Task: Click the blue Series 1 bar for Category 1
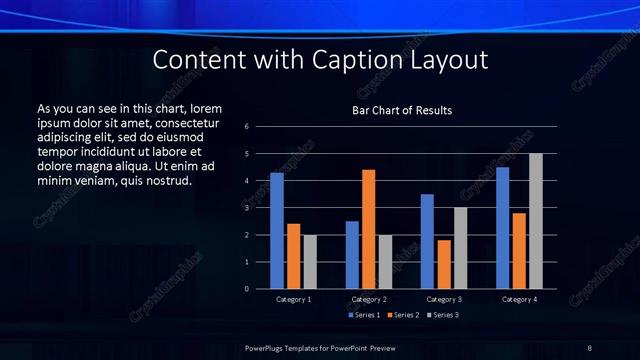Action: (277, 231)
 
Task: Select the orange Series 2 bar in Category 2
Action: (369, 229)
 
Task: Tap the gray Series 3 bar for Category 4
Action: (536, 221)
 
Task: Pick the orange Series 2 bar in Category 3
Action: (444, 264)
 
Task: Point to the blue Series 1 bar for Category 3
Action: (427, 241)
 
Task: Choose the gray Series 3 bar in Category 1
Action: (310, 262)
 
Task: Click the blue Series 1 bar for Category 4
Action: (502, 228)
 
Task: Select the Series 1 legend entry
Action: (366, 315)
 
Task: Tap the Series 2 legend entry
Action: (402, 315)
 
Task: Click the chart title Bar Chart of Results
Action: (402, 110)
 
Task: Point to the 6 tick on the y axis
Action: (260, 127)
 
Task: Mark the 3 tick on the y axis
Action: (260, 208)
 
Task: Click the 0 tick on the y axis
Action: (260, 289)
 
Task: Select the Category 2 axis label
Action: (369, 299)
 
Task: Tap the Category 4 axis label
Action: (519, 299)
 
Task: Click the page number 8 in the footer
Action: (589, 347)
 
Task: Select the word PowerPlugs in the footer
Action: (269, 347)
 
